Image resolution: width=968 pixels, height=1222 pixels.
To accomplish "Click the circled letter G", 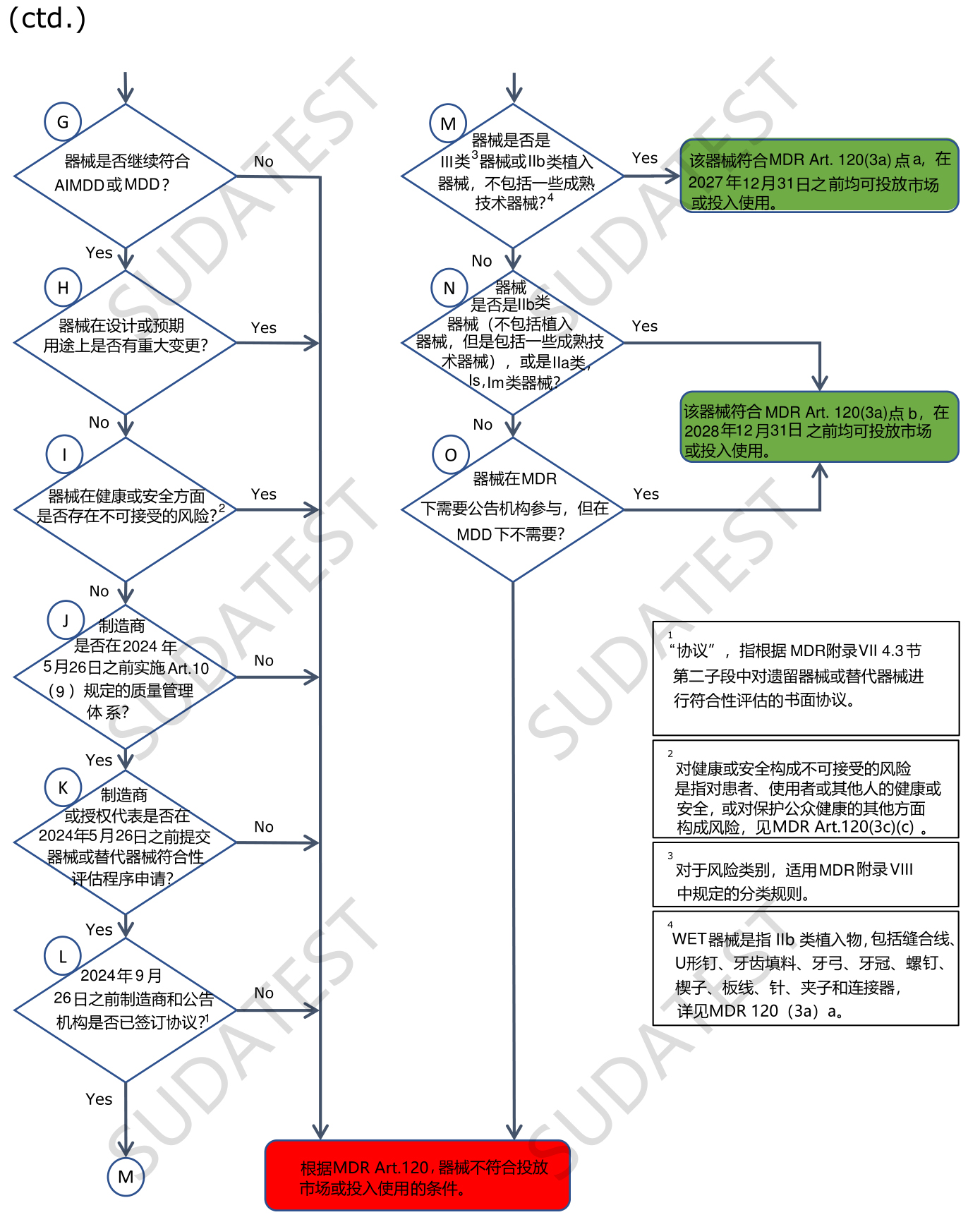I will pos(63,122).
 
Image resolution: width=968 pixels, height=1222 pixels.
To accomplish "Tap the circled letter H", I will pos(63,288).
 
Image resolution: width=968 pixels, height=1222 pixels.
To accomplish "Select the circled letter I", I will pos(64,454).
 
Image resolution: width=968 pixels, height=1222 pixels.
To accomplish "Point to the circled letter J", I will pos(66,620).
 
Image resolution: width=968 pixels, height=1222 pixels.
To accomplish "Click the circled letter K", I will pos(63,787).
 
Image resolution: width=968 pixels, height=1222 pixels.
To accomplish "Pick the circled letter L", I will pos(63,956).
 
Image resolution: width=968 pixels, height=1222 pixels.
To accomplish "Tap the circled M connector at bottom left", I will pos(126,1177).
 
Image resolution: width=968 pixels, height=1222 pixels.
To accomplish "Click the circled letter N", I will pos(449,288).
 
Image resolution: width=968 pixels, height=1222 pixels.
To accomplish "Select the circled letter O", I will pos(451,455).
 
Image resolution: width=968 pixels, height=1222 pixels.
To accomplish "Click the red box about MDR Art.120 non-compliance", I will pos(418,1175).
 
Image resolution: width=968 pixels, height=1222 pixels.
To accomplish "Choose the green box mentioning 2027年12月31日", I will pos(819,176).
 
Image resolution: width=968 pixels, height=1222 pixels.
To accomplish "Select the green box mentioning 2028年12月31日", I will pos(819,428).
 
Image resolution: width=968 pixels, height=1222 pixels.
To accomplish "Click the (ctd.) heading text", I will pos(47,18).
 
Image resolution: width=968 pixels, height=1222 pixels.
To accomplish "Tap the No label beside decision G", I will pos(264,162).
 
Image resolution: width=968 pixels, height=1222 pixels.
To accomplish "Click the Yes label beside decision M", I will pos(645,158).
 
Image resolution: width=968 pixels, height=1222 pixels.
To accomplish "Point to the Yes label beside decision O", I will pos(646,494).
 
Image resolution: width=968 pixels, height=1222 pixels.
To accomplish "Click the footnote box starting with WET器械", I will pos(806,968).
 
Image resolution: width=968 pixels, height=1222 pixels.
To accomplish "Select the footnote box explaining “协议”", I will pos(806,678).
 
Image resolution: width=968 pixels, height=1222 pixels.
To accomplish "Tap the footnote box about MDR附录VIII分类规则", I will pos(806,874).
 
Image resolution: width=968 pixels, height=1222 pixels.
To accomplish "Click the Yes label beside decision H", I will pos(264,328).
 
